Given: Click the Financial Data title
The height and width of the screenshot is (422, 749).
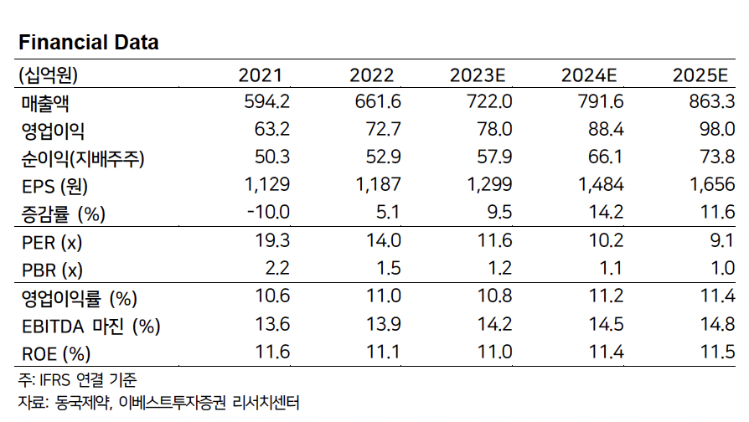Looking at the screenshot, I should [89, 42].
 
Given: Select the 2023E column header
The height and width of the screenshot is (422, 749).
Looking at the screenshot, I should [478, 75].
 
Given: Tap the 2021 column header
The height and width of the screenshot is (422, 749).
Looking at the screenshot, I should [261, 75].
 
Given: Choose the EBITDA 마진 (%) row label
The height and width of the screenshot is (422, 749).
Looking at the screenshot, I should [90, 325].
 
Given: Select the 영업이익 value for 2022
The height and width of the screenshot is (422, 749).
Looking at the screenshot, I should [375, 130].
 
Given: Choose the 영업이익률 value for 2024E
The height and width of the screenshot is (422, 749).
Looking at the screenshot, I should [604, 297].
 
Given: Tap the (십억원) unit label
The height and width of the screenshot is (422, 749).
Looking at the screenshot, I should [47, 75].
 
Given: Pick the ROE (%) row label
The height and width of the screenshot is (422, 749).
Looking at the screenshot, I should [54, 353].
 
